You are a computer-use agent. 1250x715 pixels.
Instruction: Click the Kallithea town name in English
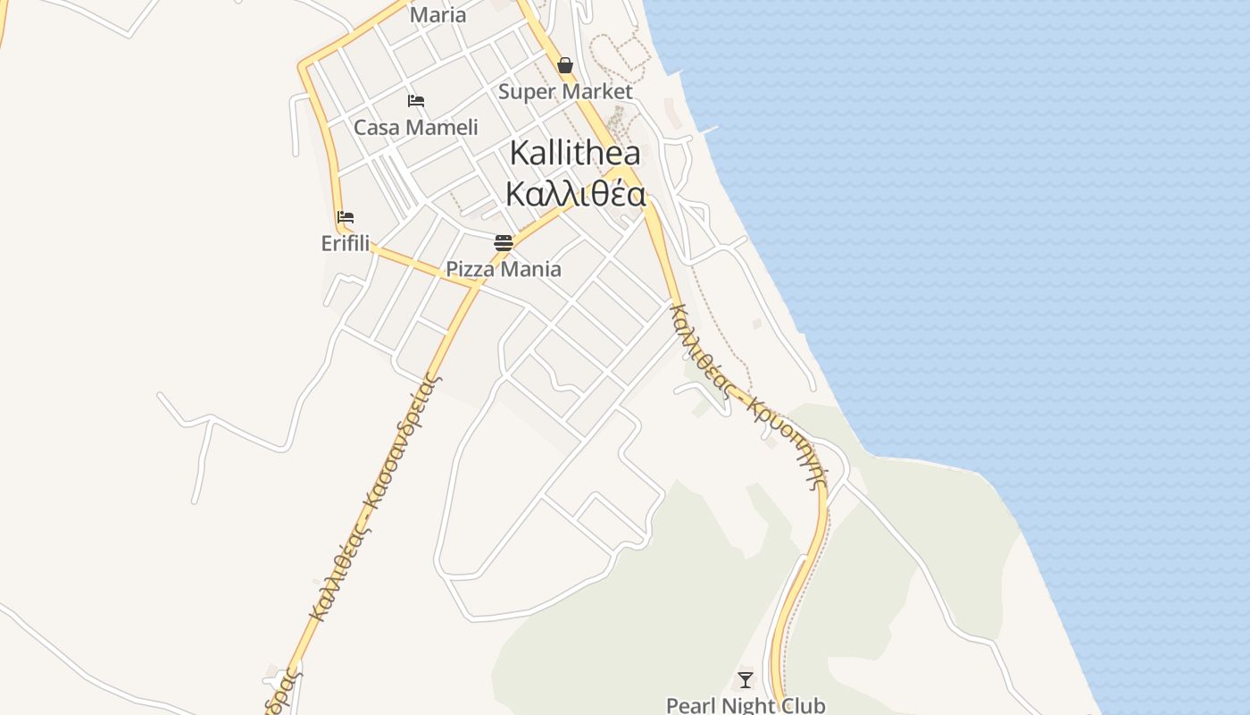click(x=575, y=154)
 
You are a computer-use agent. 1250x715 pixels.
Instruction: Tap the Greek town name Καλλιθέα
click(x=575, y=194)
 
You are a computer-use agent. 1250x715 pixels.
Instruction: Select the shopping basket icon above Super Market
click(x=565, y=65)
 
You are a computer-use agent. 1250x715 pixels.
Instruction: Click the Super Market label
click(x=565, y=91)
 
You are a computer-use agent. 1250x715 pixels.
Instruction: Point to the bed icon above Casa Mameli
click(x=416, y=101)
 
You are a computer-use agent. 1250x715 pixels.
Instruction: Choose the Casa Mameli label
click(x=416, y=127)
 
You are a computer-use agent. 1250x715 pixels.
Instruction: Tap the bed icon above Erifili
click(x=346, y=217)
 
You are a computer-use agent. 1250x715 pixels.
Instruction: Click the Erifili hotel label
click(x=346, y=243)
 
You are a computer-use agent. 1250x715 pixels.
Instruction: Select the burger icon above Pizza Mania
click(x=504, y=243)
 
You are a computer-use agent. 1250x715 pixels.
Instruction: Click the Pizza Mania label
click(x=504, y=269)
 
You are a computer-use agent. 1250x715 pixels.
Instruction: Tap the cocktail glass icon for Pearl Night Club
click(x=746, y=680)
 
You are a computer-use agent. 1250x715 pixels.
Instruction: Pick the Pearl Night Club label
click(x=746, y=705)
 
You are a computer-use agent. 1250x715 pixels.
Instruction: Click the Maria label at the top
click(x=437, y=15)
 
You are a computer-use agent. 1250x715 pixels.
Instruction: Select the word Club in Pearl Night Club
click(x=801, y=705)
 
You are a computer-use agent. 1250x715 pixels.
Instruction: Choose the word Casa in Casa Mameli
click(x=375, y=127)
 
